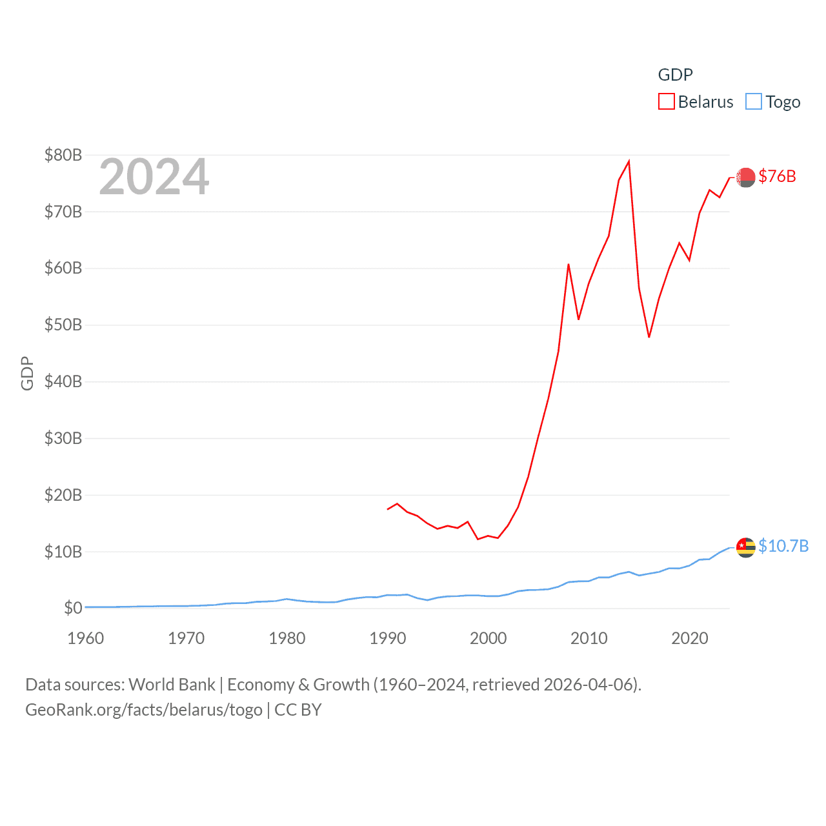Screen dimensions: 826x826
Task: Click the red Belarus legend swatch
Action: coord(666,102)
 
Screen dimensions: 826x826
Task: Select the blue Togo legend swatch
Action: coord(753,102)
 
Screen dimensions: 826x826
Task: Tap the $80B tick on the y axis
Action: coord(63,155)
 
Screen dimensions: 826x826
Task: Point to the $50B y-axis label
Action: coord(63,325)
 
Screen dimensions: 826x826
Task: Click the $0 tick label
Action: coord(73,608)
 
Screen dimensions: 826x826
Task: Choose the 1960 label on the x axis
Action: coord(85,638)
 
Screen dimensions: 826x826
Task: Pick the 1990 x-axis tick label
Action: coord(387,638)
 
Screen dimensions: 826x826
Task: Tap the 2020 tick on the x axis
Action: coord(689,638)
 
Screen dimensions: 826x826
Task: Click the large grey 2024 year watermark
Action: coord(154,177)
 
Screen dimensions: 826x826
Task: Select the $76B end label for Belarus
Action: coord(777,176)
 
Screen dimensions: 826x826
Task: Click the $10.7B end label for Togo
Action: coord(783,546)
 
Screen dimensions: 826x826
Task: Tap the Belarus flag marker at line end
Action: coord(745,177)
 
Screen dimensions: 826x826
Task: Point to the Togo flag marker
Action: coord(745,547)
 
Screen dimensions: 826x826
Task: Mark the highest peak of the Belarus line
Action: coord(629,161)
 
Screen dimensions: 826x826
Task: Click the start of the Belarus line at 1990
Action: coord(387,509)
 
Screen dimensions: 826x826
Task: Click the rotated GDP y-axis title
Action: coord(27,373)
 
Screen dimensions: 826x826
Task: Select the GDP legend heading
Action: coord(675,75)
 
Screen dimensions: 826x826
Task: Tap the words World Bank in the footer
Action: coord(172,685)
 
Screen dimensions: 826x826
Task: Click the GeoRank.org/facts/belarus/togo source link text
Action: coord(144,710)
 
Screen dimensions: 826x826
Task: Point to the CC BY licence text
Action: coord(298,710)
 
